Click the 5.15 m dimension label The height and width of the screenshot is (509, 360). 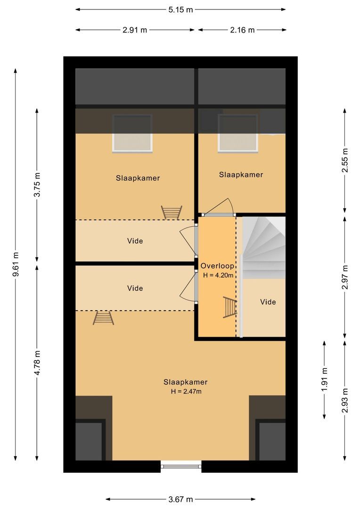tap(180, 9)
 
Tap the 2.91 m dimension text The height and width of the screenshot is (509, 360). tap(135, 30)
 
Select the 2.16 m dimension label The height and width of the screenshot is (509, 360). tap(242, 30)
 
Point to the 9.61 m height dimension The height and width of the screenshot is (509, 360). tap(16, 266)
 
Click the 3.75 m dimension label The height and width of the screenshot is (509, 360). tap(38, 185)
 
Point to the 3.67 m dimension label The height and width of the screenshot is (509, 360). tap(181, 499)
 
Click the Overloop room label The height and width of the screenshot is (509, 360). tap(217, 266)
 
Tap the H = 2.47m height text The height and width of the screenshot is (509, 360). tap(186, 391)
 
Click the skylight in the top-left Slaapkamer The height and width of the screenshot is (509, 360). tap(132, 133)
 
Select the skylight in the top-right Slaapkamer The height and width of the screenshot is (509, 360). tap(238, 133)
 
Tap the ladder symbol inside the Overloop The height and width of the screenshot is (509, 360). tap(229, 307)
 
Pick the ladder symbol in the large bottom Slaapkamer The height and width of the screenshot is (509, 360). tap(103, 318)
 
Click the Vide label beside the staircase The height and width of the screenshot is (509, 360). tap(268, 302)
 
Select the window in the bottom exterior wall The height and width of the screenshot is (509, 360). tap(181, 466)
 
